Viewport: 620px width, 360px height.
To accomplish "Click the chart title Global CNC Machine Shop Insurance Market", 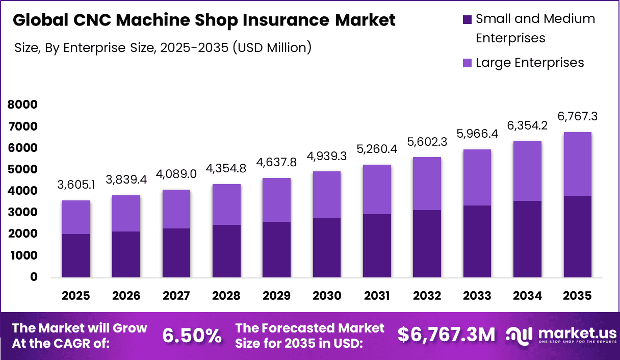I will [x=204, y=20].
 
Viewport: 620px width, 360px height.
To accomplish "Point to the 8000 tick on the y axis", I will [x=23, y=105].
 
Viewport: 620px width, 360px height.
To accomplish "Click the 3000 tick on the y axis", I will [x=23, y=212].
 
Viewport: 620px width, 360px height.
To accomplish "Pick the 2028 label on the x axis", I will [x=226, y=296].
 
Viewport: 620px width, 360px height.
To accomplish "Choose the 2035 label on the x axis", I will [x=577, y=296].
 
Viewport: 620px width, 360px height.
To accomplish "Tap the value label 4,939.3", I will [x=327, y=156].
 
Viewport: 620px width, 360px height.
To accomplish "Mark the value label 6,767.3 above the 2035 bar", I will [x=577, y=117].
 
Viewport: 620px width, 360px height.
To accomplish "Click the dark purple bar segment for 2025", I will [x=76, y=255].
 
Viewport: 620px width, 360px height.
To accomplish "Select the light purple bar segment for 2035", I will [x=577, y=164].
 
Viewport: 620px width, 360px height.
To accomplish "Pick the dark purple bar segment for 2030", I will [x=327, y=247].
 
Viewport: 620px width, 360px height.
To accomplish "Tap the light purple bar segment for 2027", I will [x=176, y=209].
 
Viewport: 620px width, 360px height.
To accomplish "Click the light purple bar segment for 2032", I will [x=427, y=184].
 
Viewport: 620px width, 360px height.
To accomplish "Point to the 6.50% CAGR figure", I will [x=192, y=335].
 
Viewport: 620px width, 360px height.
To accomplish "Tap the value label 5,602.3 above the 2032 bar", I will [x=427, y=142].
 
